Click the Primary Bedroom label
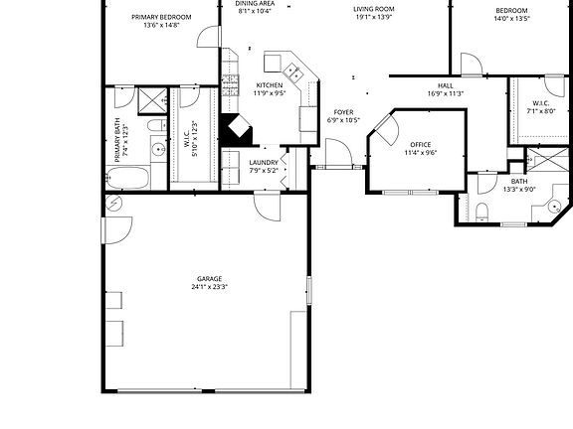[x=161, y=17]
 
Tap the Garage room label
[x=209, y=278]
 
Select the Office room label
[x=421, y=144]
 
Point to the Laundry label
[x=264, y=162]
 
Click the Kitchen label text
[x=270, y=85]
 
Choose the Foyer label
[x=343, y=112]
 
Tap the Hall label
[x=445, y=85]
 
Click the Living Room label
[x=373, y=9]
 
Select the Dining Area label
[x=255, y=4]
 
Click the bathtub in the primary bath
[x=127, y=180]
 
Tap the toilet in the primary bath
[x=156, y=125]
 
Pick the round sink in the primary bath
[x=157, y=150]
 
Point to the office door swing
[x=384, y=129]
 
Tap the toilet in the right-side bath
[x=479, y=210]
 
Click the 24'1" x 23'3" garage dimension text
[x=210, y=287]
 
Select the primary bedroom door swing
[x=208, y=36]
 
